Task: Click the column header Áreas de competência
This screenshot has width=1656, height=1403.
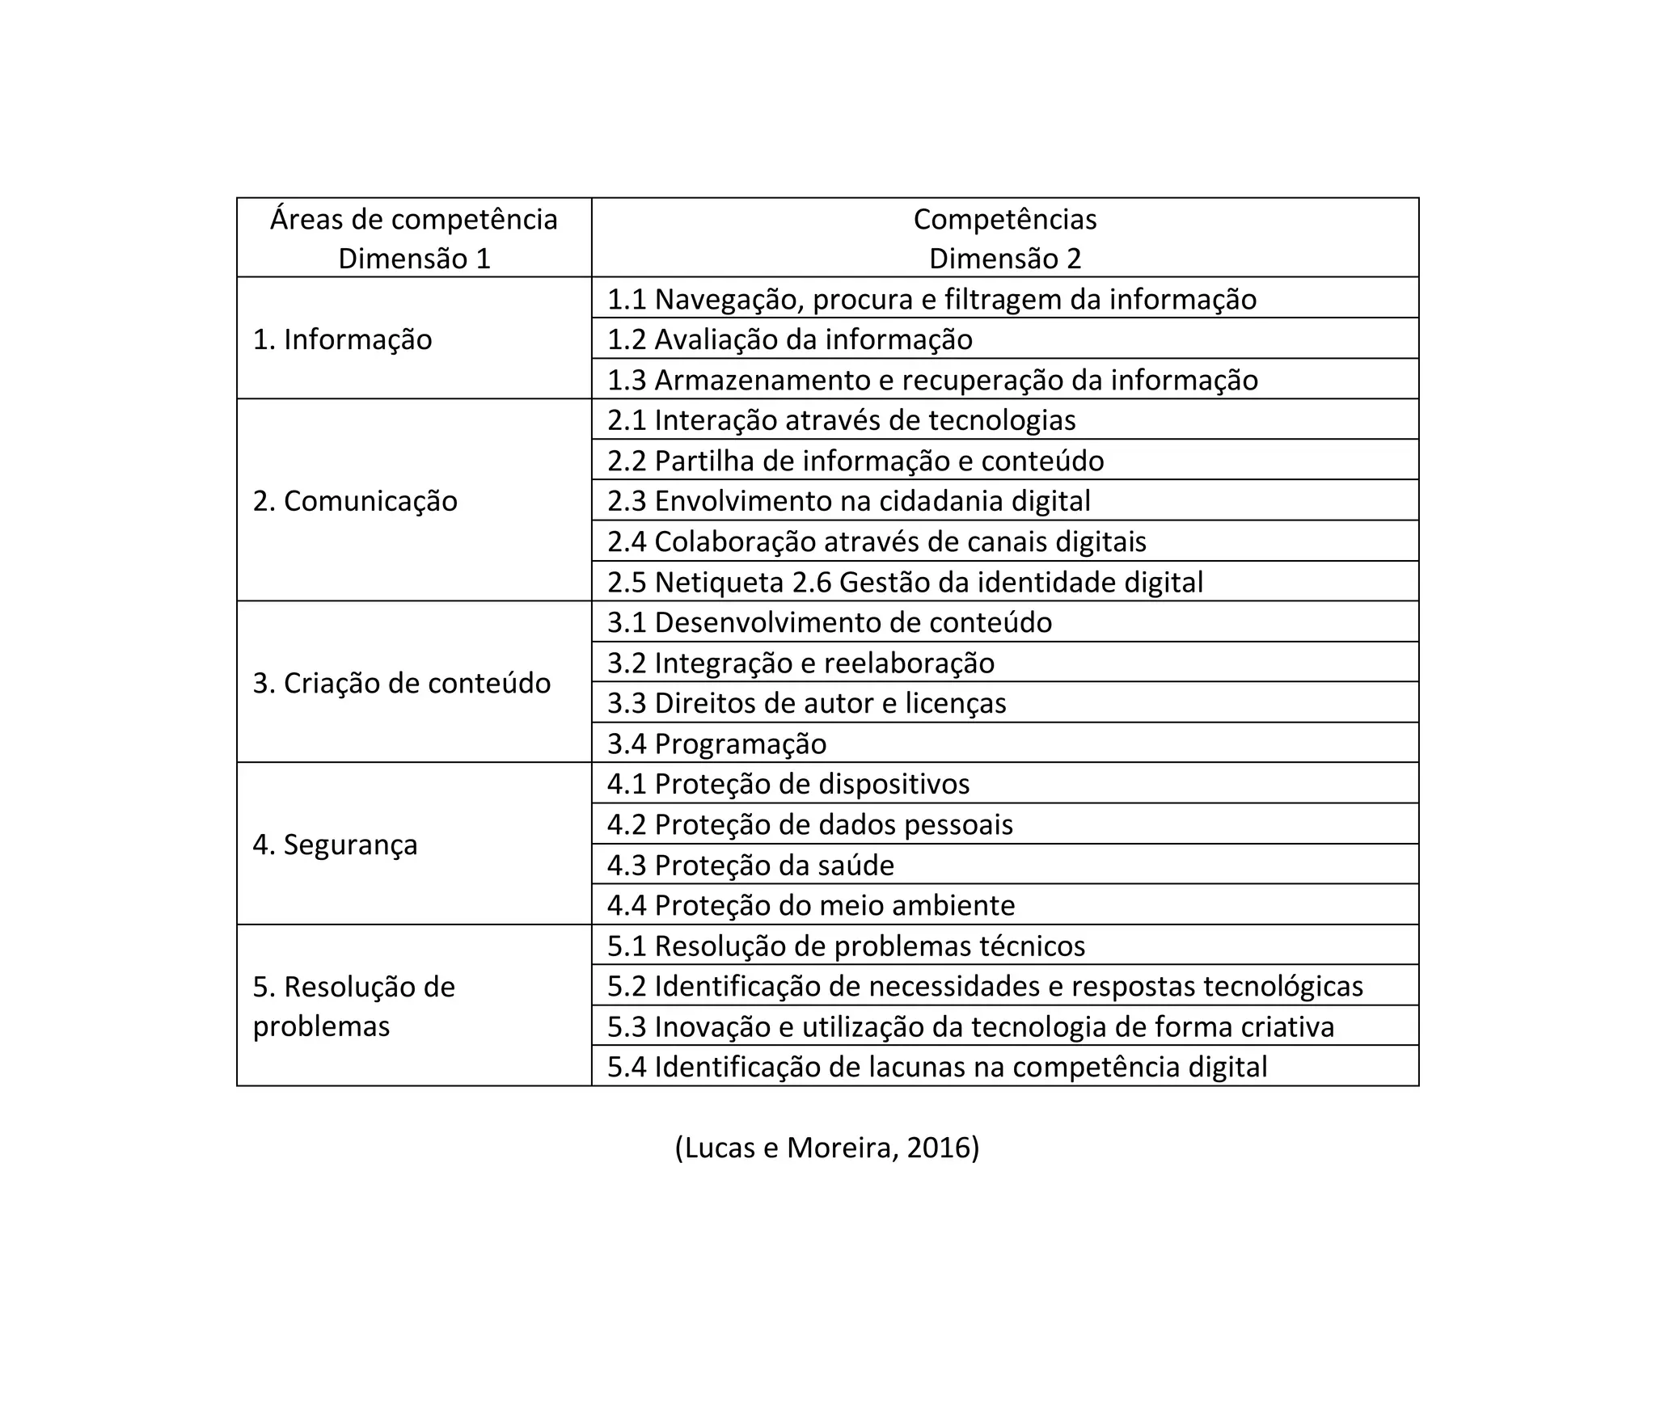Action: pos(413,220)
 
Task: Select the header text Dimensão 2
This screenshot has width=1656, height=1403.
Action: pos(1004,259)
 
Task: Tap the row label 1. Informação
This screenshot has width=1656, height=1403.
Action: pos(342,339)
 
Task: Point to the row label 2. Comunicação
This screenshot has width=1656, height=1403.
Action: pos(355,501)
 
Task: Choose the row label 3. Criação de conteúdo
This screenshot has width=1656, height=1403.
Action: pos(401,683)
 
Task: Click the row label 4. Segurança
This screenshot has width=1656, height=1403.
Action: pos(335,845)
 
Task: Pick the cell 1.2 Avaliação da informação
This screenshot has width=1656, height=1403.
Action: pos(789,339)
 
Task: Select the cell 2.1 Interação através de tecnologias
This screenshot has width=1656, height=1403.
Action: pos(841,420)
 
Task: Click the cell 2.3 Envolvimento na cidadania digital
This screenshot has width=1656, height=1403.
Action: pos(848,501)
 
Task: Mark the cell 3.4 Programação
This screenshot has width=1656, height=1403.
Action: pos(716,744)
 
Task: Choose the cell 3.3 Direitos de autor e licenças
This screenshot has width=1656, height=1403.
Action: pos(806,703)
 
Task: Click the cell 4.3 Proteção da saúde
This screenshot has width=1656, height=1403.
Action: pos(750,866)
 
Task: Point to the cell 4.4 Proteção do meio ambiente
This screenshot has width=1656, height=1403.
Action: pos(810,905)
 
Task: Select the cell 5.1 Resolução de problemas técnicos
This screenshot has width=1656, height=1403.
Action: pos(846,946)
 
